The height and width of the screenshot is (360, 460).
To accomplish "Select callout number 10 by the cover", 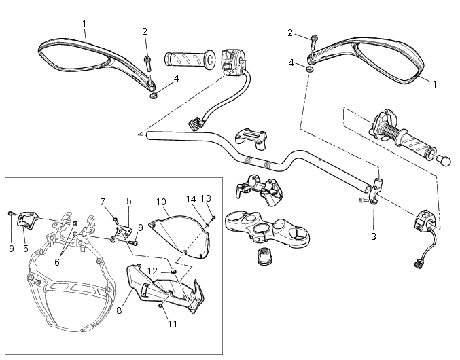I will point(161,202).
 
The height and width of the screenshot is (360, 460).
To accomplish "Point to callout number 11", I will point(172,324).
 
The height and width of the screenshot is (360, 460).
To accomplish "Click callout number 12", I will point(153,271).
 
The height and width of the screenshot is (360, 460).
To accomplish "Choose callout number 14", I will point(192,199).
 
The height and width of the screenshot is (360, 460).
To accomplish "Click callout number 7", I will point(103,201).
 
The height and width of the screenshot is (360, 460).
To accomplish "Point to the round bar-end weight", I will point(445,160).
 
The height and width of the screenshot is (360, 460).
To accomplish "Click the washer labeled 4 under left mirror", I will point(154,96).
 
